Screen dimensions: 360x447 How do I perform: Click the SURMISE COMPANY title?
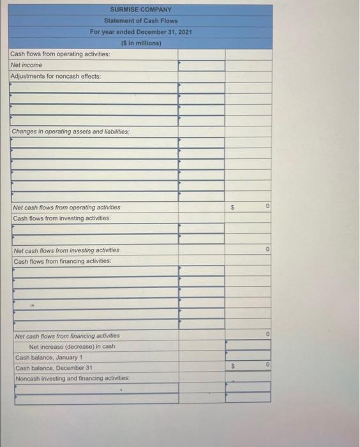(140, 10)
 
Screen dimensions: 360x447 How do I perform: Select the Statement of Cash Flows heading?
(140, 21)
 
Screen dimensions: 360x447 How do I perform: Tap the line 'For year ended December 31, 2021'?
(140, 32)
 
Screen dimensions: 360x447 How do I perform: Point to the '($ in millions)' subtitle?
(140, 43)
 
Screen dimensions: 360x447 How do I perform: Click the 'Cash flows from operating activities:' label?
(60, 54)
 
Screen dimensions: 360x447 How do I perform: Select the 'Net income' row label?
(26, 65)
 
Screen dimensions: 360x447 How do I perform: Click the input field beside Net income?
(201, 65)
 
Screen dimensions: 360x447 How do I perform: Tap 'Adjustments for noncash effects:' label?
(56, 76)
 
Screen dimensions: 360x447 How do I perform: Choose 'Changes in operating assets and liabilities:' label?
(70, 132)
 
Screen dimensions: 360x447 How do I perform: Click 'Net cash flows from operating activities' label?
(67, 208)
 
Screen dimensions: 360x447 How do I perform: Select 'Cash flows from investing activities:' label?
(61, 218)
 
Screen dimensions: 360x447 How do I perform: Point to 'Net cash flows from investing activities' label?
(66, 251)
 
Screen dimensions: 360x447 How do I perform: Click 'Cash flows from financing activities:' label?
(62, 262)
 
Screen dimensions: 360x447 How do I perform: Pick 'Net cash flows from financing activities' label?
(66, 336)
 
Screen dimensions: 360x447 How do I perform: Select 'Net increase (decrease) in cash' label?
(72, 347)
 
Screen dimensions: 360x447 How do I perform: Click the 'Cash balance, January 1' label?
(49, 358)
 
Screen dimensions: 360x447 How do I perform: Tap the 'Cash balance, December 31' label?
(54, 368)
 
